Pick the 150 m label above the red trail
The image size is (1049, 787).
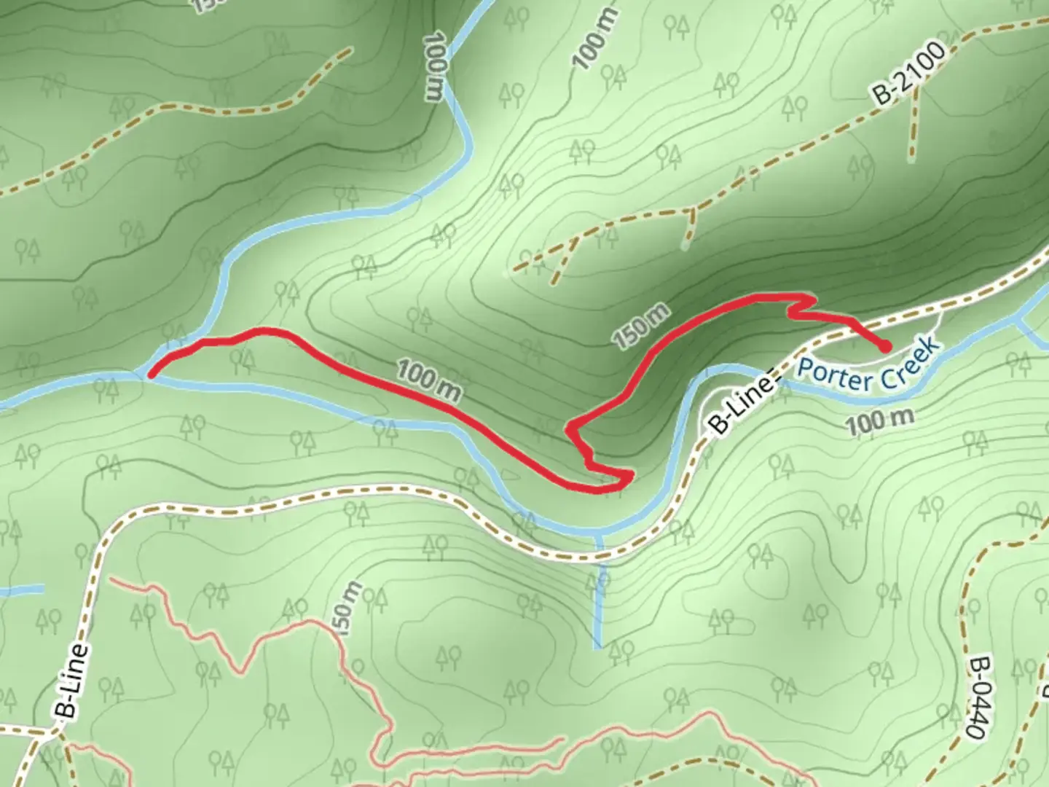[x=641, y=326]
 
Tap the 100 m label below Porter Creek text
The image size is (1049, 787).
[x=879, y=421]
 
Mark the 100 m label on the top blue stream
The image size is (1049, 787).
[x=433, y=68]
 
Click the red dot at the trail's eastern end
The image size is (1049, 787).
[x=884, y=347]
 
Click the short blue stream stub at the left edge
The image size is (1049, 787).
[x=22, y=589]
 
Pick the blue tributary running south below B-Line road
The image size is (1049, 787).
[x=599, y=590]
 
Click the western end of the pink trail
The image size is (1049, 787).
[x=113, y=581]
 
